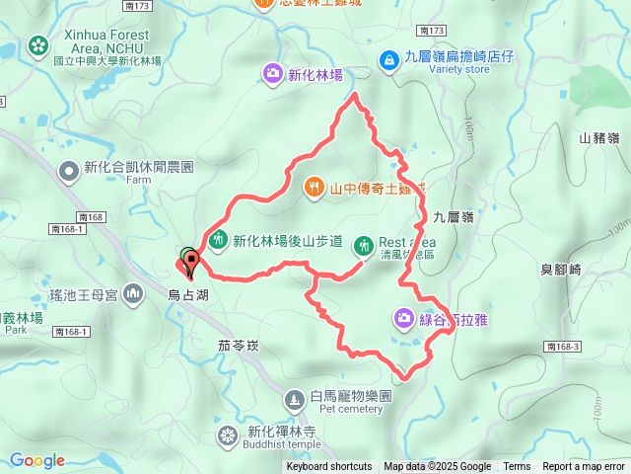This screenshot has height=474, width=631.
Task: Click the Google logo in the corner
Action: pos(37,460)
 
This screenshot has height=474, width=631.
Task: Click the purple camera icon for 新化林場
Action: pos(272,72)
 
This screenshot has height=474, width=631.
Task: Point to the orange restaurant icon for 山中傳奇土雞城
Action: pos(314,185)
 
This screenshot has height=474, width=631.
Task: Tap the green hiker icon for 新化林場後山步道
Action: pos(219,239)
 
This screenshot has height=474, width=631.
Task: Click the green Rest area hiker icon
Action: pos(364,243)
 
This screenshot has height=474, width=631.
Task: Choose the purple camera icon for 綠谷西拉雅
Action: pos(403,318)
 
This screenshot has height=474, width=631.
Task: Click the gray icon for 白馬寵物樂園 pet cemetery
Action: pos(295,400)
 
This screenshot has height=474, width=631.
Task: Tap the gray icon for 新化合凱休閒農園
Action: pos(68,172)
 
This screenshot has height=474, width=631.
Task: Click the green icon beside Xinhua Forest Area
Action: pos(37,44)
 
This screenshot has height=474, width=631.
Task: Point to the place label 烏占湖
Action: pos(187,293)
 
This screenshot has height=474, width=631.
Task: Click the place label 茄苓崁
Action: pos(238,346)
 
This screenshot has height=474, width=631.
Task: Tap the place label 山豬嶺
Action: pos(598,138)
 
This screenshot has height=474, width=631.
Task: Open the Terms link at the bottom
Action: pos(517,466)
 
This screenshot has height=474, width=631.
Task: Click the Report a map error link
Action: pos(585,466)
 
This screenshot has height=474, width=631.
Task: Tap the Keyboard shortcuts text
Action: pos(328,466)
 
